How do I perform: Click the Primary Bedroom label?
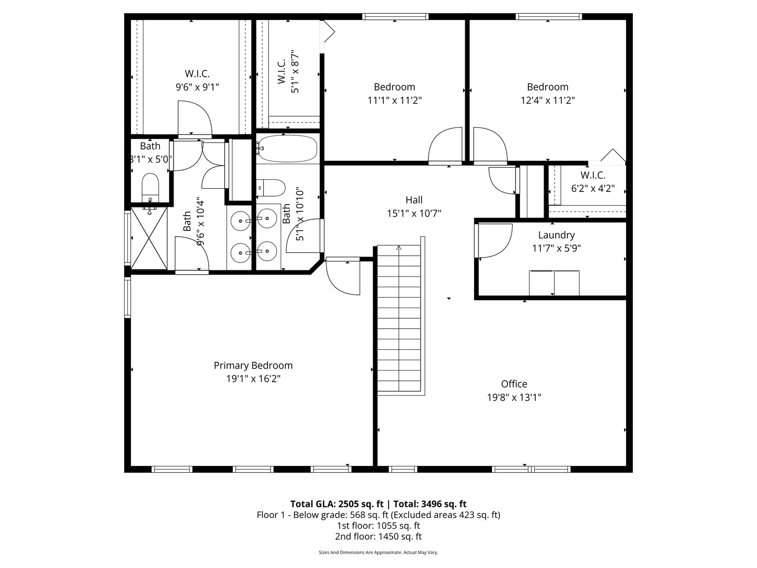253,366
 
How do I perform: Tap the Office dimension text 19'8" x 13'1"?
514,397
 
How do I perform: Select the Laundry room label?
556,235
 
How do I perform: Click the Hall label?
414,200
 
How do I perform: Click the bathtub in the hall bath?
288,149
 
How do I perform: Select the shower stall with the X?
149,238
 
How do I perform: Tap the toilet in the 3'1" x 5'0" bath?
150,186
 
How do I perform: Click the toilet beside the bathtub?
272,187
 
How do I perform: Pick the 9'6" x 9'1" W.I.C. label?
197,80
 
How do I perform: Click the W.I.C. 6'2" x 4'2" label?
592,182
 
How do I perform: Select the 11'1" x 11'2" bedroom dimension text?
394,100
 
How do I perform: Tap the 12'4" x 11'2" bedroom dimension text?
547,100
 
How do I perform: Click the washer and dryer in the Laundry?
554,283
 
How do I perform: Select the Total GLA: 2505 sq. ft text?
337,504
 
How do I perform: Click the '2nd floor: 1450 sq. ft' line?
378,536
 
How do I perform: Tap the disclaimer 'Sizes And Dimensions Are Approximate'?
378,552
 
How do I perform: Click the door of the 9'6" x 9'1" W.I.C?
195,118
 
